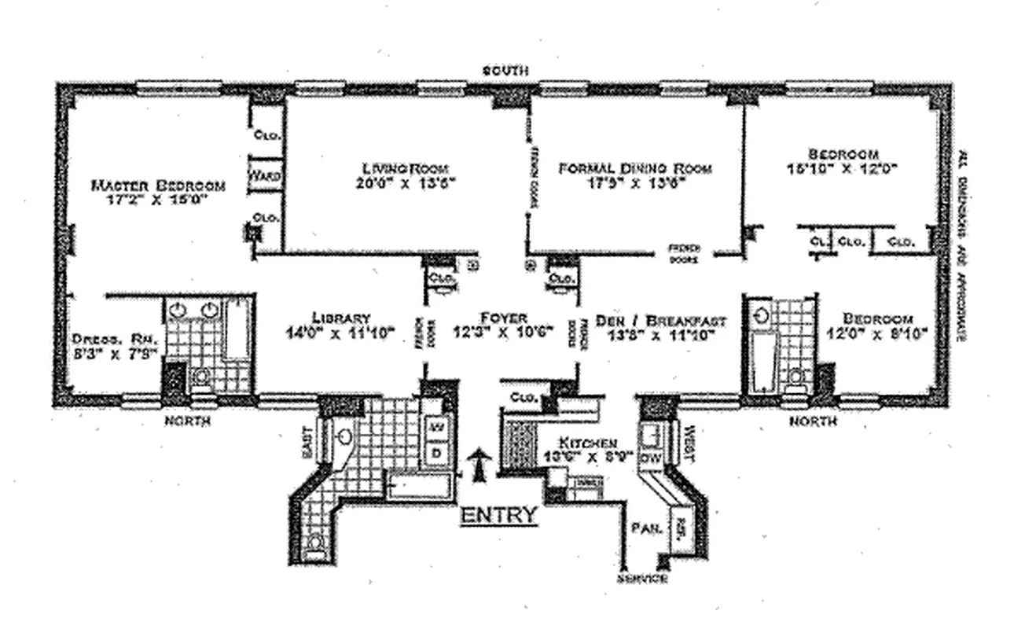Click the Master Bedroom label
158,186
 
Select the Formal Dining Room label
634,168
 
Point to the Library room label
340,318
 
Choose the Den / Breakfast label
660,320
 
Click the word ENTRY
499,516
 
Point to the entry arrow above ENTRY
477,464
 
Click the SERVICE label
642,579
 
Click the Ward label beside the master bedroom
263,175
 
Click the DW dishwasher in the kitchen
650,458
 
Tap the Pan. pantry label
642,528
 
